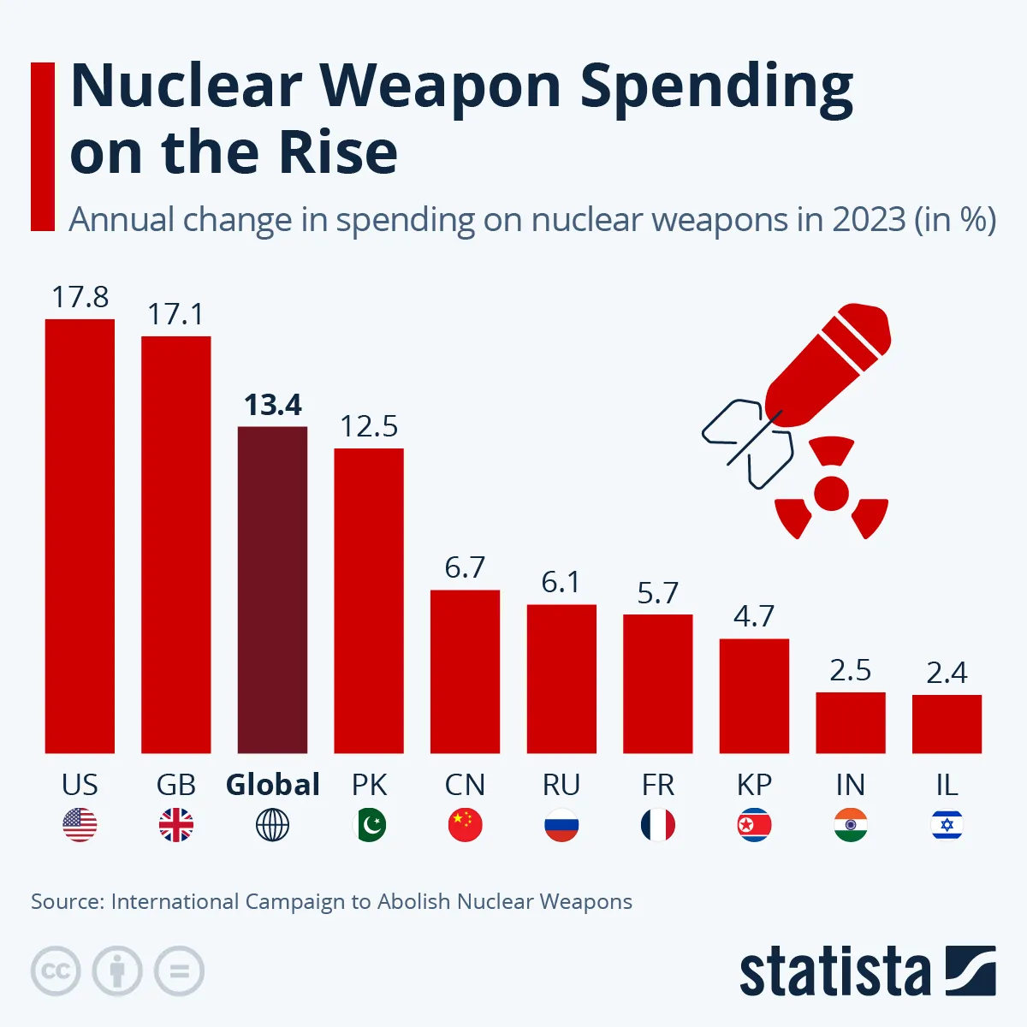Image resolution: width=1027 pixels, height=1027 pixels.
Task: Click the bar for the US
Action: coord(80,536)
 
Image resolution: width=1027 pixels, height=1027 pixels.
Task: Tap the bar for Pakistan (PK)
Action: coord(369,600)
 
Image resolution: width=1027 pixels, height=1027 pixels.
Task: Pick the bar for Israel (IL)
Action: coord(947,723)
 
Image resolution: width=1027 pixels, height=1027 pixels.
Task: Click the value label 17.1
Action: coord(175,314)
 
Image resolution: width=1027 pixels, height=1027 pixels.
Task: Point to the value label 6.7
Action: coord(465,567)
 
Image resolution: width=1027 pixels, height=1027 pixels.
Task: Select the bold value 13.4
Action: coord(273,405)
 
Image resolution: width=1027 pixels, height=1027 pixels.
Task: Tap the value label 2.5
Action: coord(850,670)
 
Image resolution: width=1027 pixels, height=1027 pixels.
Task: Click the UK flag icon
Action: coord(176,825)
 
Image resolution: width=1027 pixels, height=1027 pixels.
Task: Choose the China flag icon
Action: coord(465,825)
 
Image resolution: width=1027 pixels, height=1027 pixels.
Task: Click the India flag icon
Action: coord(850,825)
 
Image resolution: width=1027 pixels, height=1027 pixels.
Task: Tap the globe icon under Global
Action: coord(272,825)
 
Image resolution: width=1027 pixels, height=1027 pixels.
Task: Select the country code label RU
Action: coord(561,784)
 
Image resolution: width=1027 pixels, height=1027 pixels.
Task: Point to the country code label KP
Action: coord(754,784)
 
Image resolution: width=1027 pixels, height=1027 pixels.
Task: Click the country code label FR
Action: coord(657,784)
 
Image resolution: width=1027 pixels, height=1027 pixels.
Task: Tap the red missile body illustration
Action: coord(826,364)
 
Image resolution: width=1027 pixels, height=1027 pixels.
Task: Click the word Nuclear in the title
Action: coord(186,86)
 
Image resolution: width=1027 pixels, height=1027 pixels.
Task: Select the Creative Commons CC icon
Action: coord(56,971)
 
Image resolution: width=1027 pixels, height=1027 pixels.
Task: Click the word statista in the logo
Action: coord(834,972)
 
